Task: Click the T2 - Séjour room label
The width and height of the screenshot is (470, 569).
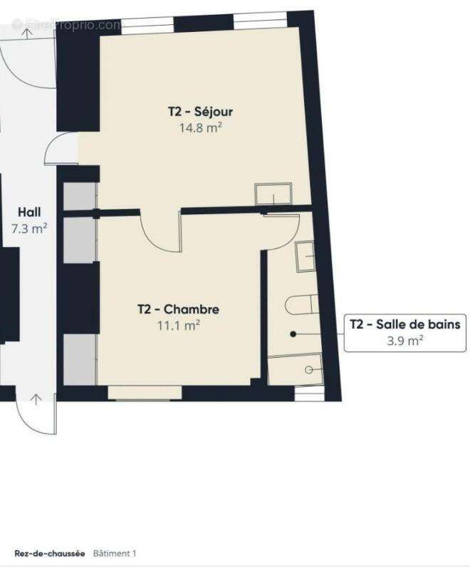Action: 201,112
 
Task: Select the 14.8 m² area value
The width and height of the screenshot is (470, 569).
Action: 201,129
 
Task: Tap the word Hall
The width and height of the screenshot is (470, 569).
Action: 29,212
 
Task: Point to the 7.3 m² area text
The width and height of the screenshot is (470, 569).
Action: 29,229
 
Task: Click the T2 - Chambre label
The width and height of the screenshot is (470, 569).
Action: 178,309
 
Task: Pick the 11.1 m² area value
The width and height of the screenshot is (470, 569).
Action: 178,326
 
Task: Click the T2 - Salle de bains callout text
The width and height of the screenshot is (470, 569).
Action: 404,324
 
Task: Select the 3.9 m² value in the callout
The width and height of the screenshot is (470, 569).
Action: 404,340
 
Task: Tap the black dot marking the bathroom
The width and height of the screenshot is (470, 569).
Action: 293,333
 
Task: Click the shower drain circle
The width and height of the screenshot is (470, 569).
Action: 309,369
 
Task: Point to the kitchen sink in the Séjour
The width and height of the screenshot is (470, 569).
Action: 273,193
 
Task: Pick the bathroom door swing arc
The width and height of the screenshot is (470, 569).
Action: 283,229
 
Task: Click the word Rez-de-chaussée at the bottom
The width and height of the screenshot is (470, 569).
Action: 50,553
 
